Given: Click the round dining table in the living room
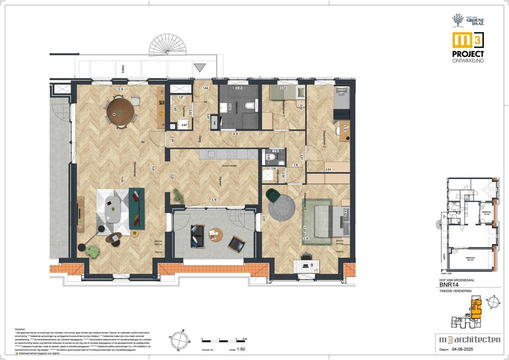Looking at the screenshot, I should coord(120,110).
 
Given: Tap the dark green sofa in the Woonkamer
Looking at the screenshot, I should coord(136,208).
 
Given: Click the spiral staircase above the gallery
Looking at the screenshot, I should coord(168,45).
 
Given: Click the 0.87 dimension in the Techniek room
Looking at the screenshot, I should coord(184,125).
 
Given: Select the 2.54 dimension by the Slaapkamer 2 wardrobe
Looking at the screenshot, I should coord(328,169).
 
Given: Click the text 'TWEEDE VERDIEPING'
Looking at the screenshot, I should coord(453,290).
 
